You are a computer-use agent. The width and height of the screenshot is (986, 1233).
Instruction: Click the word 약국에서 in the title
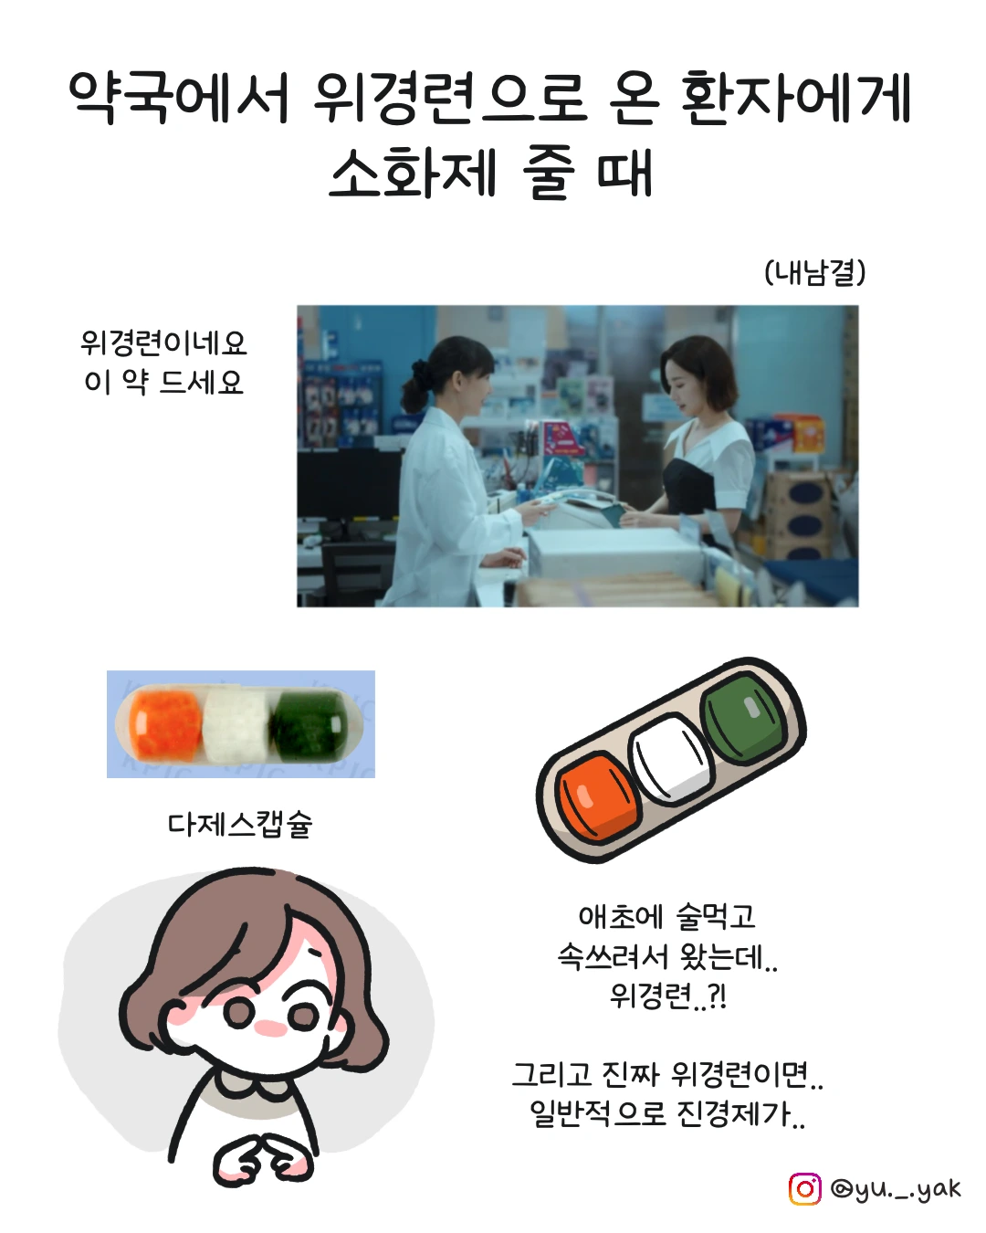click(178, 98)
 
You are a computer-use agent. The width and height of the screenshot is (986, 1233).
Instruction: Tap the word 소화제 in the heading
click(412, 172)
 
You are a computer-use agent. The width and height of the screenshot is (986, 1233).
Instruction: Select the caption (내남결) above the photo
click(814, 272)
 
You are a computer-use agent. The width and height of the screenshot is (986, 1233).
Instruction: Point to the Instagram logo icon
click(805, 1189)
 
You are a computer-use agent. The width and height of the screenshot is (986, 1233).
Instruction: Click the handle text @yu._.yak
click(896, 1189)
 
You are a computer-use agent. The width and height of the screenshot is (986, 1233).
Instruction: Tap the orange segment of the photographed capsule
click(165, 724)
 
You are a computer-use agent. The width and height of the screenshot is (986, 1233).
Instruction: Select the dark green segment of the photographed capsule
click(309, 725)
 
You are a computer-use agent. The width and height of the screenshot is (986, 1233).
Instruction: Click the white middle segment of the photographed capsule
click(236, 725)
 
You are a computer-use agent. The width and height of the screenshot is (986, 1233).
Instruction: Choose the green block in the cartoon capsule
click(745, 718)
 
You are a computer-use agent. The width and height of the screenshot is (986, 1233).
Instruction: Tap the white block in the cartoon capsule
click(670, 758)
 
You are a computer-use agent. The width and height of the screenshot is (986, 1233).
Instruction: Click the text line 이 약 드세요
click(163, 382)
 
